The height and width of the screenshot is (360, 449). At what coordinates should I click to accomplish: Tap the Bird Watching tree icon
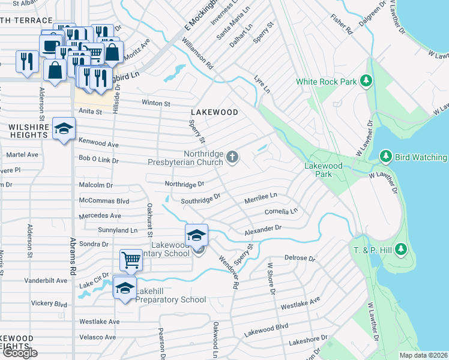coord(386,157)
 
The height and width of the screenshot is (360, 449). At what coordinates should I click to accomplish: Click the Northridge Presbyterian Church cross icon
coord(233,158)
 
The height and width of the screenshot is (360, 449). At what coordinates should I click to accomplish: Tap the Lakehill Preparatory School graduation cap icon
coord(125,289)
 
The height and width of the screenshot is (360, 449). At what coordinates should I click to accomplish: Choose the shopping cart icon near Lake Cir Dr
coord(131,260)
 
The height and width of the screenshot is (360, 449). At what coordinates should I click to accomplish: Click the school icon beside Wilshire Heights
coord(64,128)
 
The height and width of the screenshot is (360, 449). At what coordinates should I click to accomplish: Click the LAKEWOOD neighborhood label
coord(214,112)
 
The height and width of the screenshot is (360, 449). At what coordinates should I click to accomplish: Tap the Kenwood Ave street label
coord(98,145)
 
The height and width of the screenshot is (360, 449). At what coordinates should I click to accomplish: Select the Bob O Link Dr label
coord(99,161)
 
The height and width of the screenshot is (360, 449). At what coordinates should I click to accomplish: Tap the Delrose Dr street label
coord(300,257)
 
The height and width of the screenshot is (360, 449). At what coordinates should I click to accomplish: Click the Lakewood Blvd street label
coord(266,331)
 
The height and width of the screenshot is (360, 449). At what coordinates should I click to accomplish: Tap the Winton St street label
coord(155,103)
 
